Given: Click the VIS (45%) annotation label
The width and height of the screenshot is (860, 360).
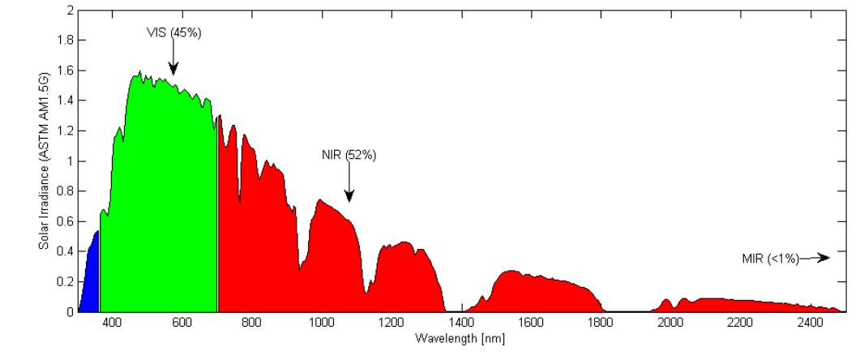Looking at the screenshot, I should [x=173, y=32].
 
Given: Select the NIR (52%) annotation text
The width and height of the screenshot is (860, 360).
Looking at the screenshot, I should [x=349, y=154].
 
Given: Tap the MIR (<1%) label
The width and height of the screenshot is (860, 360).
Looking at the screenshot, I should [x=770, y=259].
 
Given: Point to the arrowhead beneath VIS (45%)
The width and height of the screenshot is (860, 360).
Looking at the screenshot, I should [x=173, y=71].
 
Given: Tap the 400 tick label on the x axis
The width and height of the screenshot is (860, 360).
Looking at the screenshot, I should [x=111, y=323].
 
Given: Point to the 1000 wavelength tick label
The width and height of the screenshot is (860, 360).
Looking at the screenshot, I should [x=321, y=323].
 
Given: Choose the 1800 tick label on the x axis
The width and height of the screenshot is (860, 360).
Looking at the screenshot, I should [x=601, y=323].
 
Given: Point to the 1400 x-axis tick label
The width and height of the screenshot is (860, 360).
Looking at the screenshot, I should [x=461, y=323].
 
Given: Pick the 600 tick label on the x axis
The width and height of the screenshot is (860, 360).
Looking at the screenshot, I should [x=182, y=323].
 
